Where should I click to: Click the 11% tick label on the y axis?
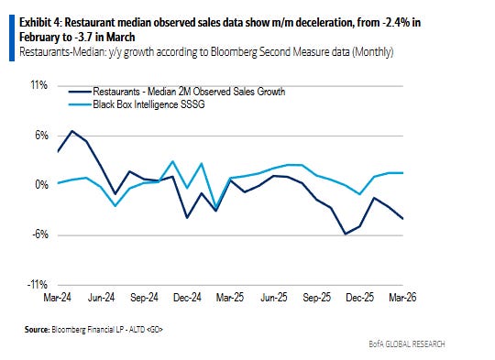(39, 85)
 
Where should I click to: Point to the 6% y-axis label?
(41, 136)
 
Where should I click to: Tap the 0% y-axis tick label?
(41, 184)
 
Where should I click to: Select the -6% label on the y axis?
(40, 235)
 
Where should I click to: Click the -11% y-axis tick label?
(38, 285)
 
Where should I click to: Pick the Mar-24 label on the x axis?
(58, 297)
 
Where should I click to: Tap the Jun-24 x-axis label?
(101, 297)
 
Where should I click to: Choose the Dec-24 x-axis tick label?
(187, 297)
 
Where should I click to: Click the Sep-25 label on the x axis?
(316, 297)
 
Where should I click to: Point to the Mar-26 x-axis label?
(402, 297)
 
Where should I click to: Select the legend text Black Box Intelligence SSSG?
(148, 104)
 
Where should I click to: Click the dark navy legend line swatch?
(80, 92)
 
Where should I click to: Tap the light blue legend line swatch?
(80, 104)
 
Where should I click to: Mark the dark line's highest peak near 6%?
(72, 131)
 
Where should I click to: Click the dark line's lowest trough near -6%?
(346, 235)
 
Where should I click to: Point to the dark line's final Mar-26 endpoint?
(402, 219)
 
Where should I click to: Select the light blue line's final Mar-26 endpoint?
(402, 172)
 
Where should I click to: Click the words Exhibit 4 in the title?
(40, 23)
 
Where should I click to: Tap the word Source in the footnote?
(37, 330)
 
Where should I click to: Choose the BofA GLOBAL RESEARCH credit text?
(407, 344)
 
